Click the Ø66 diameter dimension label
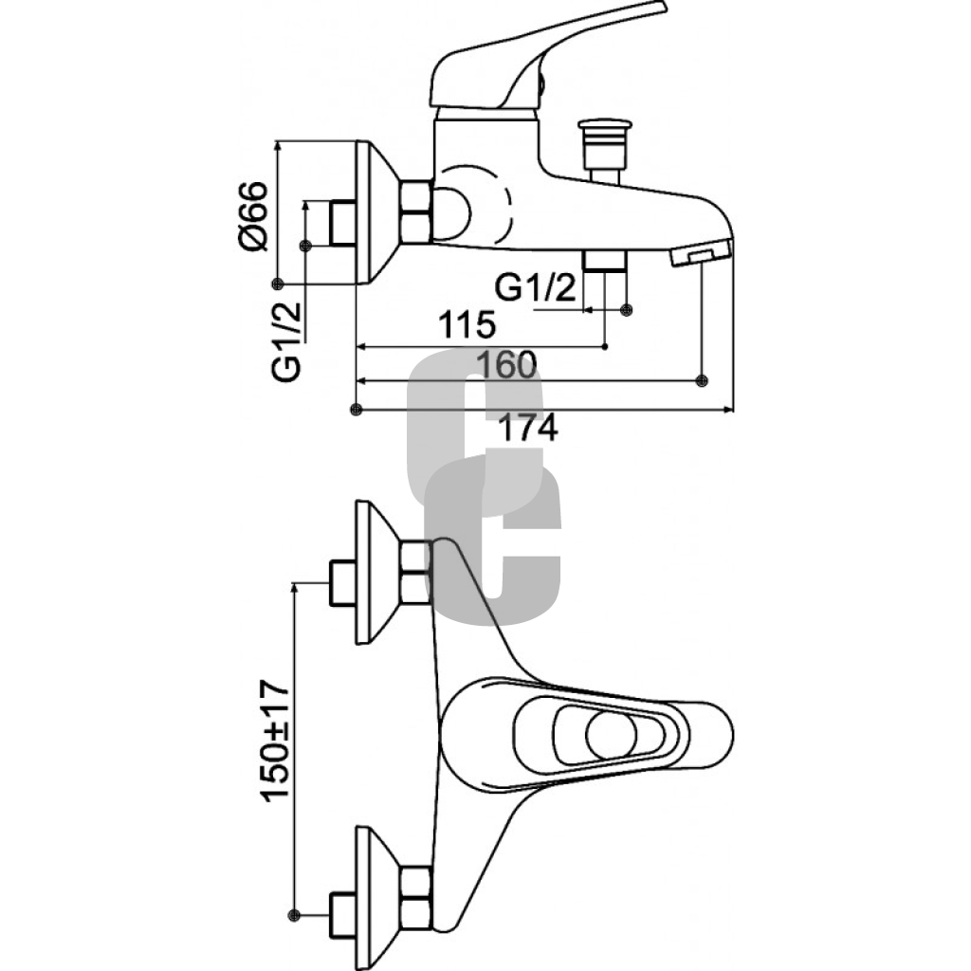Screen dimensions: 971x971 coord(252,217)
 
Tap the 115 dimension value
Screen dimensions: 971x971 coord(467,324)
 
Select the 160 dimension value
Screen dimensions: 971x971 coord(506,365)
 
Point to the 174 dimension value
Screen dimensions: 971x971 coord(527,428)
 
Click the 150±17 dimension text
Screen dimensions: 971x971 coord(275,741)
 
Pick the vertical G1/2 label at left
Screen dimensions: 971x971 coord(286,341)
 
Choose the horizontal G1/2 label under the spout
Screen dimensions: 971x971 coord(536,287)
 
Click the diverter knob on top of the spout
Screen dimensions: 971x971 coord(604,152)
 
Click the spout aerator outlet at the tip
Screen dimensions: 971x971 coord(701,254)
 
